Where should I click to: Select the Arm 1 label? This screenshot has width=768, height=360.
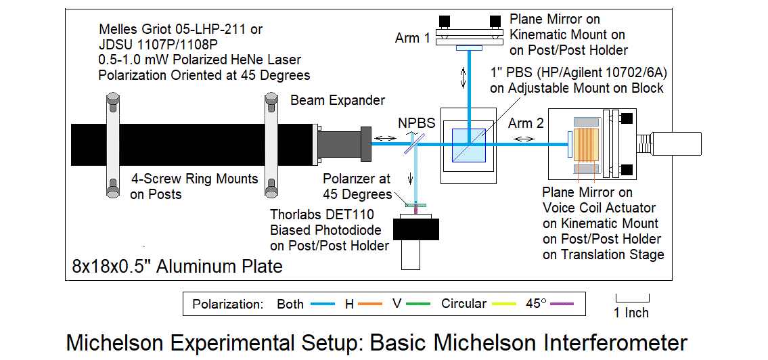tap(413, 38)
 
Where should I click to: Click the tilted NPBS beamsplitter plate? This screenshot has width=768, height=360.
tap(413, 143)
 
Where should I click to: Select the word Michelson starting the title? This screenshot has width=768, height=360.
tap(119, 342)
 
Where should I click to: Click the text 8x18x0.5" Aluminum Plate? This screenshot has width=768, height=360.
tap(177, 266)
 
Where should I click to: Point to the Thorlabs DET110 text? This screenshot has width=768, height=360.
tap(328, 216)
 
